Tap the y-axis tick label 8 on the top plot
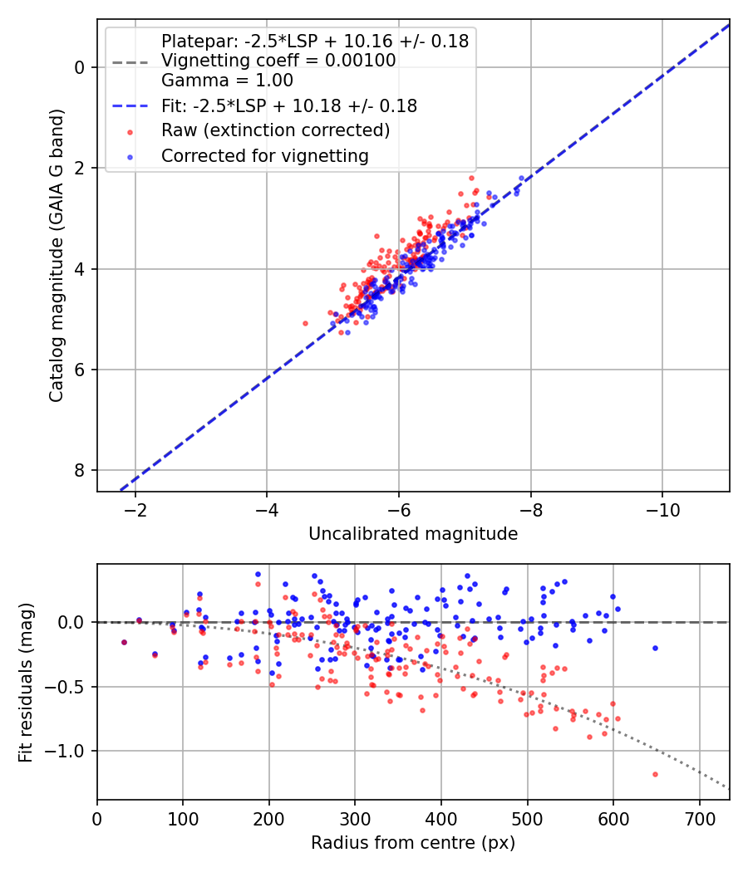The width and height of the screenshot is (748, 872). [x=80, y=471]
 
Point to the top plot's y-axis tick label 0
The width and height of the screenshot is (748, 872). [x=80, y=67]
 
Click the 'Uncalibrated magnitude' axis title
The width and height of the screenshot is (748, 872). [x=413, y=534]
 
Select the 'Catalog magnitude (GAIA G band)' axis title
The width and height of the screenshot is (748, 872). [x=57, y=255]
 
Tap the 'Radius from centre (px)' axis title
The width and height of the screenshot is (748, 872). [x=413, y=843]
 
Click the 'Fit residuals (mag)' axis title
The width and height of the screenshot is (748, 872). [x=25, y=683]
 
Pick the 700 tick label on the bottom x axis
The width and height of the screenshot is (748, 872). [x=699, y=819]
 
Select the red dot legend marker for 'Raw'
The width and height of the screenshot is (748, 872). [x=130, y=132]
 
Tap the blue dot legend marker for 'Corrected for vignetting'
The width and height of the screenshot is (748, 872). [x=130, y=157]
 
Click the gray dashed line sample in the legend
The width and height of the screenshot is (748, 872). [x=130, y=62]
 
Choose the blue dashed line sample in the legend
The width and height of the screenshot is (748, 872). [x=130, y=106]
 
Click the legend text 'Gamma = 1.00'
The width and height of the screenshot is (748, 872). [x=227, y=81]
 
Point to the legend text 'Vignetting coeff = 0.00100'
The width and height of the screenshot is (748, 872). [x=278, y=61]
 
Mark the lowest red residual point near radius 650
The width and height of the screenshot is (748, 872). [x=655, y=774]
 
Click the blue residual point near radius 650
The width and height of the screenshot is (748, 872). [x=655, y=648]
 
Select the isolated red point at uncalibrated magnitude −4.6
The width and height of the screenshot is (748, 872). [x=305, y=323]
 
